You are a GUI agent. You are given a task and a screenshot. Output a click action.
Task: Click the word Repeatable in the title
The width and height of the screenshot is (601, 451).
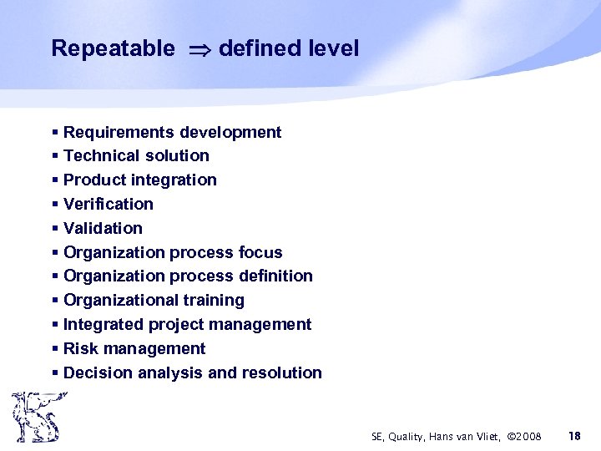(x=113, y=48)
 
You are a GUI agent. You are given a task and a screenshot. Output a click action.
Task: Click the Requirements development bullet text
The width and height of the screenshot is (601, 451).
(x=172, y=132)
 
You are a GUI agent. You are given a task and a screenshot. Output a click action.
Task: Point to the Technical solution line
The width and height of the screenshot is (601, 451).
(x=136, y=155)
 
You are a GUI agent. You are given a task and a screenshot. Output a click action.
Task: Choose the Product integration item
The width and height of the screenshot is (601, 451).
(x=139, y=180)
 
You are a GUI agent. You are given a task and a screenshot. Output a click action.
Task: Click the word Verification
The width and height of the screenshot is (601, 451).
(x=109, y=204)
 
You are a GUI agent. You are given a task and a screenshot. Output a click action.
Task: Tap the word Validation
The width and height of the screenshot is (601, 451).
(x=103, y=228)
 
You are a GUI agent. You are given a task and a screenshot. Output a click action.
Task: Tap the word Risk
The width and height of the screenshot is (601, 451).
(x=81, y=348)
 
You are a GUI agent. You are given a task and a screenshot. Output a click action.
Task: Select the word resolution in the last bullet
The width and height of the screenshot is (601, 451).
(x=281, y=372)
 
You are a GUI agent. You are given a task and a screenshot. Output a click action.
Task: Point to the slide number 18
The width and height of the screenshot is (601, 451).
(x=574, y=436)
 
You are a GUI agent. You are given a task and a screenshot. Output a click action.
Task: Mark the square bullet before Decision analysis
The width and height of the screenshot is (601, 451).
(x=54, y=373)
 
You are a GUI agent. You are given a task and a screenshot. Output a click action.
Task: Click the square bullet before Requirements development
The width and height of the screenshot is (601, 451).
(x=54, y=133)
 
